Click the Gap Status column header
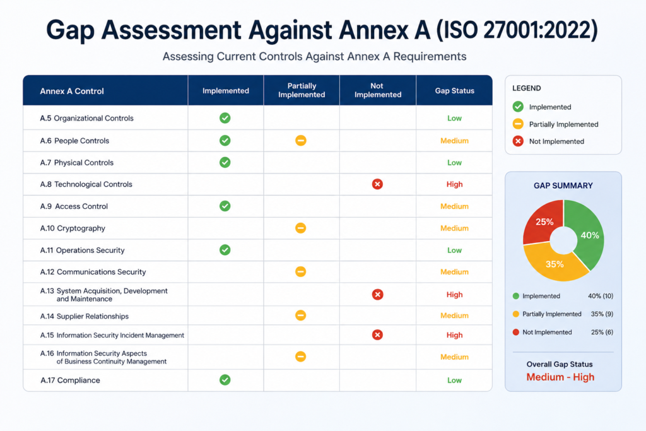click(x=454, y=91)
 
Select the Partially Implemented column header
click(x=302, y=90)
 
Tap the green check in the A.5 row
click(x=225, y=118)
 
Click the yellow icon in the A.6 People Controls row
click(x=301, y=141)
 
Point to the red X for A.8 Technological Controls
click(x=377, y=184)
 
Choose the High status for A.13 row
click(x=454, y=295)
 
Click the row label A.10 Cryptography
click(x=73, y=228)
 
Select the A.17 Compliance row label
click(x=70, y=381)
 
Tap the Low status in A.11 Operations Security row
click(x=454, y=250)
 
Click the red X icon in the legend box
click(x=518, y=141)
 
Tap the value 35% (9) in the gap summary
click(x=602, y=314)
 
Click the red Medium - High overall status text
click(x=560, y=377)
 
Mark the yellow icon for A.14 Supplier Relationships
click(x=301, y=316)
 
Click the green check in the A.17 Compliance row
click(x=225, y=380)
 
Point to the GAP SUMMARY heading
click(x=563, y=186)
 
